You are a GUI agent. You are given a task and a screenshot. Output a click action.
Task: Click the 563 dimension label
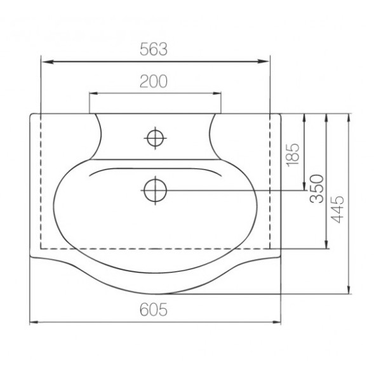coord(154,49)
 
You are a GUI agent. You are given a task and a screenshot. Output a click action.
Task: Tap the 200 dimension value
coord(154,81)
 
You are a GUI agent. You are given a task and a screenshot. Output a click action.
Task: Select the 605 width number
coord(154,310)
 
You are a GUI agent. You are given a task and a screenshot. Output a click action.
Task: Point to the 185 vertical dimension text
coord(293,155)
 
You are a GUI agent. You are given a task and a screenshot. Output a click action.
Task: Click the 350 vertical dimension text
coord(317,189)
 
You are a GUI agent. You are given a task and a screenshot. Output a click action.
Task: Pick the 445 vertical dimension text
coord(338,210)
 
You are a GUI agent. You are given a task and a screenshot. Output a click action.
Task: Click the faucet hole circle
coord(156,138)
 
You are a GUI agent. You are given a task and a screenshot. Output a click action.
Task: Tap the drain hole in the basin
coord(156,190)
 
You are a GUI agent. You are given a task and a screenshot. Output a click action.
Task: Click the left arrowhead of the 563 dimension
coord(47,62)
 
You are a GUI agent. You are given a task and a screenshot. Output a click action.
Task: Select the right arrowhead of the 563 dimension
coord(264,62)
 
